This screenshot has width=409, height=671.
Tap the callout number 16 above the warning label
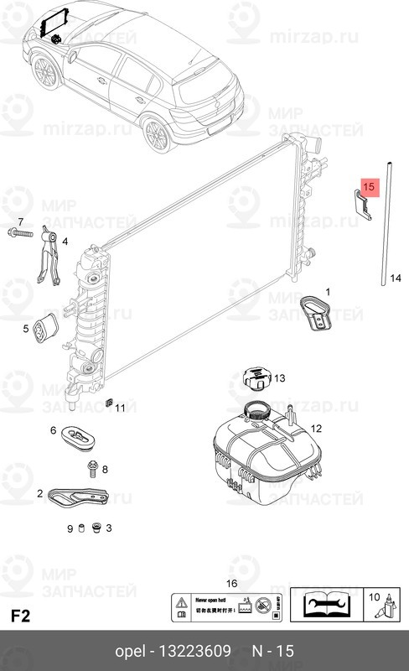[x=231, y=584]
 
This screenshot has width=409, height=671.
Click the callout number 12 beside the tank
[x=316, y=429]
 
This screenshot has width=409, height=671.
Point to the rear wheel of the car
[x=158, y=134]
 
